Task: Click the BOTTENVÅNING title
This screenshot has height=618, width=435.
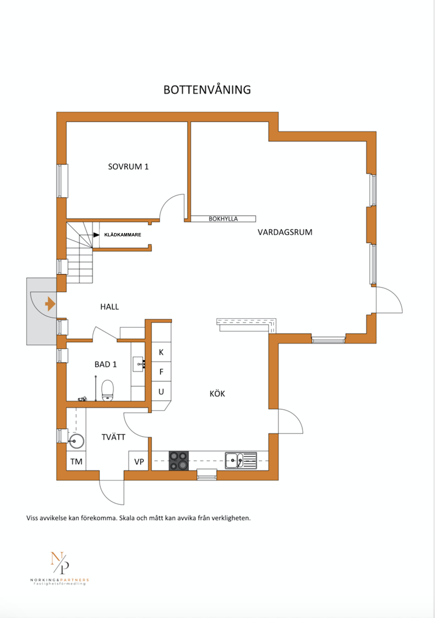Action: (207, 90)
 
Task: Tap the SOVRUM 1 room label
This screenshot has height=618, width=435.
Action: (128, 167)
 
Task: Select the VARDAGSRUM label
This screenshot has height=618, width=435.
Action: (285, 232)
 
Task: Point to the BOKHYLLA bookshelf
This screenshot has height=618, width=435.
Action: (223, 219)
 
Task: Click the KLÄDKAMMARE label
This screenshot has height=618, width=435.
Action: (123, 235)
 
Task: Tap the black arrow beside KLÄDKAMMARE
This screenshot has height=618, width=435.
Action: (96, 235)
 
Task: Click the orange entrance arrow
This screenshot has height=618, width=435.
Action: (50, 304)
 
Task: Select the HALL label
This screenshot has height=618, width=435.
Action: (110, 307)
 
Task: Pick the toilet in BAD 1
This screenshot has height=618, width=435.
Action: (107, 390)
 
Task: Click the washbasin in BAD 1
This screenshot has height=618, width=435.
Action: (139, 364)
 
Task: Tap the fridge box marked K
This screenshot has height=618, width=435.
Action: (161, 352)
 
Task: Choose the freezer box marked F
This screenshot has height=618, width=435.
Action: (161, 372)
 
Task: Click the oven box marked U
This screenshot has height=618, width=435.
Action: (161, 391)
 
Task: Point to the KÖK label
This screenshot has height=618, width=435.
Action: (217, 394)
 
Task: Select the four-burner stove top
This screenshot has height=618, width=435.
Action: (179, 461)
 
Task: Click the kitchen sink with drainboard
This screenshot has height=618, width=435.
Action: (241, 461)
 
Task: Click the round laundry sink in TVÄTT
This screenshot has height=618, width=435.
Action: (76, 441)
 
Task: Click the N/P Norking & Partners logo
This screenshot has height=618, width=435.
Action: (60, 568)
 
